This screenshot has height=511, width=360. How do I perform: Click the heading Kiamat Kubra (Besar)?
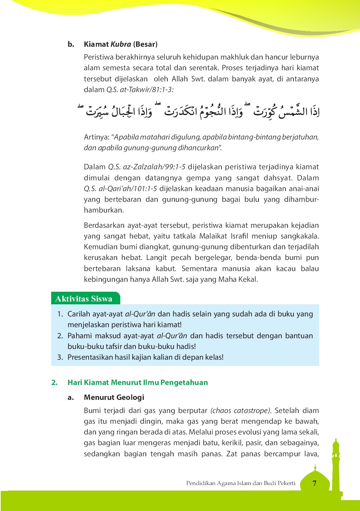point(121,44)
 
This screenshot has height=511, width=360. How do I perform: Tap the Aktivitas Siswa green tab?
point(84,299)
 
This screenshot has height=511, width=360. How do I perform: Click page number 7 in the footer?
point(314,483)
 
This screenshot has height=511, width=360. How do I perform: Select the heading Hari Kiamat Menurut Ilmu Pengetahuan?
point(138,383)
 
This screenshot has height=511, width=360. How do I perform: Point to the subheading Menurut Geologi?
point(114,397)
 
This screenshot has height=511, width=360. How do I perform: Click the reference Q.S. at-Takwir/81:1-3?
point(140,90)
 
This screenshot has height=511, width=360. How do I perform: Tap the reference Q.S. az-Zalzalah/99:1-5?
point(147,167)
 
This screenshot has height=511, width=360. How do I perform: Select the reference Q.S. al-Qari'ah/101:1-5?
point(120,189)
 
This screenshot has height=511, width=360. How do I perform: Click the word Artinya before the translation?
point(96,137)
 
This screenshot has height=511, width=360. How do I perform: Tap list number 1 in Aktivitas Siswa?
point(60,314)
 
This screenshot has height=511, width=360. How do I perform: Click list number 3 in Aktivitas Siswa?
point(60,357)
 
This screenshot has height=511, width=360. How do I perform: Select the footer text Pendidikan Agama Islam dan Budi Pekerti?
point(240,483)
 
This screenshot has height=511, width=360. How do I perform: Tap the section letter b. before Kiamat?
point(71,44)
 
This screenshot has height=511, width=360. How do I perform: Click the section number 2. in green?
point(54,383)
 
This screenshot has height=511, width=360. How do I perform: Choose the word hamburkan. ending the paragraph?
point(104,210)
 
